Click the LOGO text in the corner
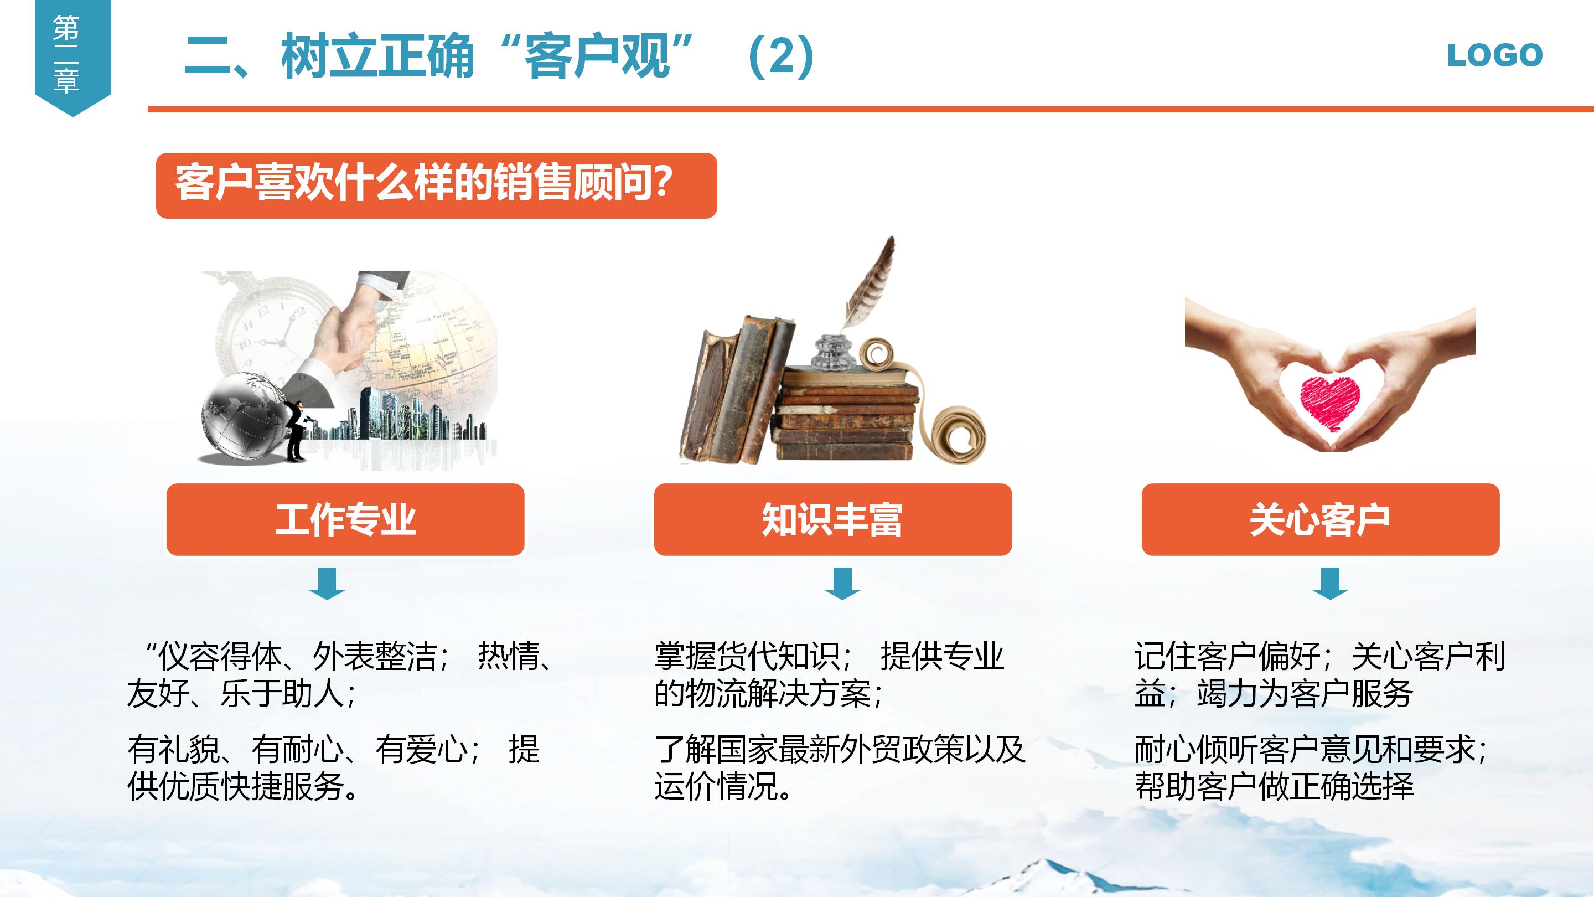click(1494, 56)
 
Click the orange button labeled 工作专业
click(345, 519)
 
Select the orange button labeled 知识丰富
click(833, 519)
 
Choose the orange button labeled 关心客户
click(1320, 519)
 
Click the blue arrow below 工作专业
click(327, 583)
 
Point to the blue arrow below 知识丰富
click(842, 583)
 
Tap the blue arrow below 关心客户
click(1330, 583)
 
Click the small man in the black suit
click(296, 430)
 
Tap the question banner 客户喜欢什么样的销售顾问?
click(436, 185)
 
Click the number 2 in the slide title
click(781, 56)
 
